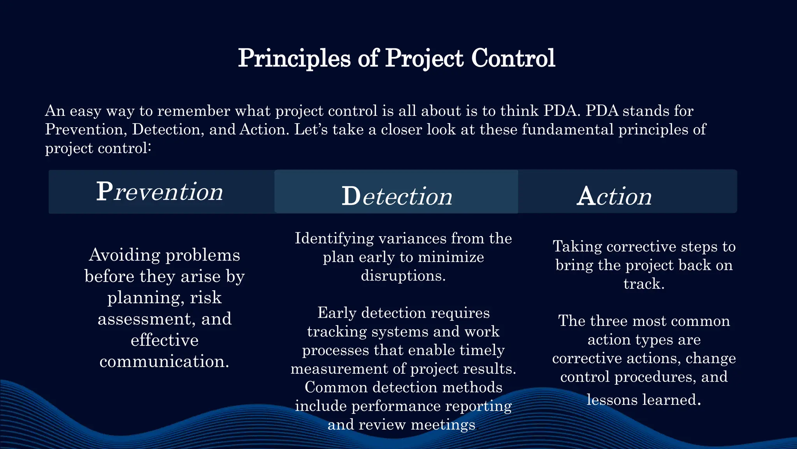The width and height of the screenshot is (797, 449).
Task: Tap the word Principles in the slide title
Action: pyautogui.click(x=294, y=58)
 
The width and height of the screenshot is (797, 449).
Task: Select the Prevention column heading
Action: pyautogui.click(x=160, y=192)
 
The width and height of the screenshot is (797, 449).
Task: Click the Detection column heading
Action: pyautogui.click(x=397, y=196)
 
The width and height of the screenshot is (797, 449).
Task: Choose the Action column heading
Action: pyautogui.click(x=614, y=196)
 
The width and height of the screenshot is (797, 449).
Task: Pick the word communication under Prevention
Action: pyautogui.click(x=164, y=362)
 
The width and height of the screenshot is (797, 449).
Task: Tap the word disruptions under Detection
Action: pyautogui.click(x=403, y=276)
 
